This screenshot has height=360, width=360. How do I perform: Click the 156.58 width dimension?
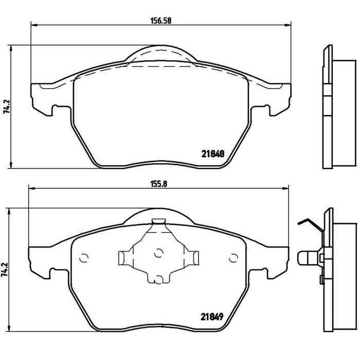161,21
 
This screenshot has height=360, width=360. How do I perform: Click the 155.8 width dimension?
158,184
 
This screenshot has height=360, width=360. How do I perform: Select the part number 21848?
213,154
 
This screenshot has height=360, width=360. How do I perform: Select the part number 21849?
212,317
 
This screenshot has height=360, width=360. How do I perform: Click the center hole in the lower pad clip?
158,253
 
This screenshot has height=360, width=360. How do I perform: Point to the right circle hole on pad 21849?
233,258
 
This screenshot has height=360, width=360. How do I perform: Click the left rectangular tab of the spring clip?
121,258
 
